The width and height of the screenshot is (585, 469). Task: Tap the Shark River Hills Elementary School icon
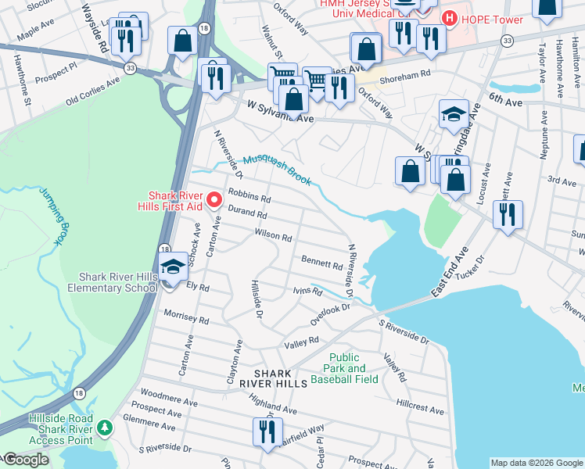pos(172,267)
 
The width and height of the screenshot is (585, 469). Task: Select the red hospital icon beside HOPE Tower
pos(450,18)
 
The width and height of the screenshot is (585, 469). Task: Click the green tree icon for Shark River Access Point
pos(105,428)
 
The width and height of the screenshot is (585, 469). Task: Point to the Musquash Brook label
pos(277,170)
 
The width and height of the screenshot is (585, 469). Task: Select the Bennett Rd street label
pos(321,263)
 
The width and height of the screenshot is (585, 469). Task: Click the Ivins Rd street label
pos(307,292)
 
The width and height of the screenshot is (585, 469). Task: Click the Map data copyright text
pos(536,463)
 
